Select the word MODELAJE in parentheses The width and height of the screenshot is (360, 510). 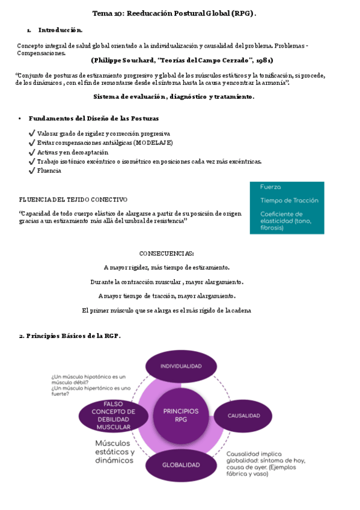point(153,143)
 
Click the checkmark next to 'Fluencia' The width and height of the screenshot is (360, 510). point(31,170)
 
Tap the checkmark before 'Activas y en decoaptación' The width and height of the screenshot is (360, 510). point(31,152)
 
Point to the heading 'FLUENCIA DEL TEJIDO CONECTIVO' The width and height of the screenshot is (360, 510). point(73,199)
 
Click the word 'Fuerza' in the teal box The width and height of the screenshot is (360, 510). point(270,187)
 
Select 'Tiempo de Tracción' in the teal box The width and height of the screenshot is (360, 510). point(289,200)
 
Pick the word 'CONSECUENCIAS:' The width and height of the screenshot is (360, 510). point(166,253)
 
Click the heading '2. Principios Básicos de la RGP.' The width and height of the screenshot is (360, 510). point(70,336)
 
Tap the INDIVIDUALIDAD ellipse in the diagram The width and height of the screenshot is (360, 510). point(180,366)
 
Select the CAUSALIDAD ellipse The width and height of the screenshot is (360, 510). point(243,416)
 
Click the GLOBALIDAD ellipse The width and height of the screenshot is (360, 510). point(180,465)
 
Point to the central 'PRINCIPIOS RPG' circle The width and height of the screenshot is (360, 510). point(180,415)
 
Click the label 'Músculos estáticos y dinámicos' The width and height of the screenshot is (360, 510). point(115,452)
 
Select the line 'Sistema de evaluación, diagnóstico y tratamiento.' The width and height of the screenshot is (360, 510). point(174,96)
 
